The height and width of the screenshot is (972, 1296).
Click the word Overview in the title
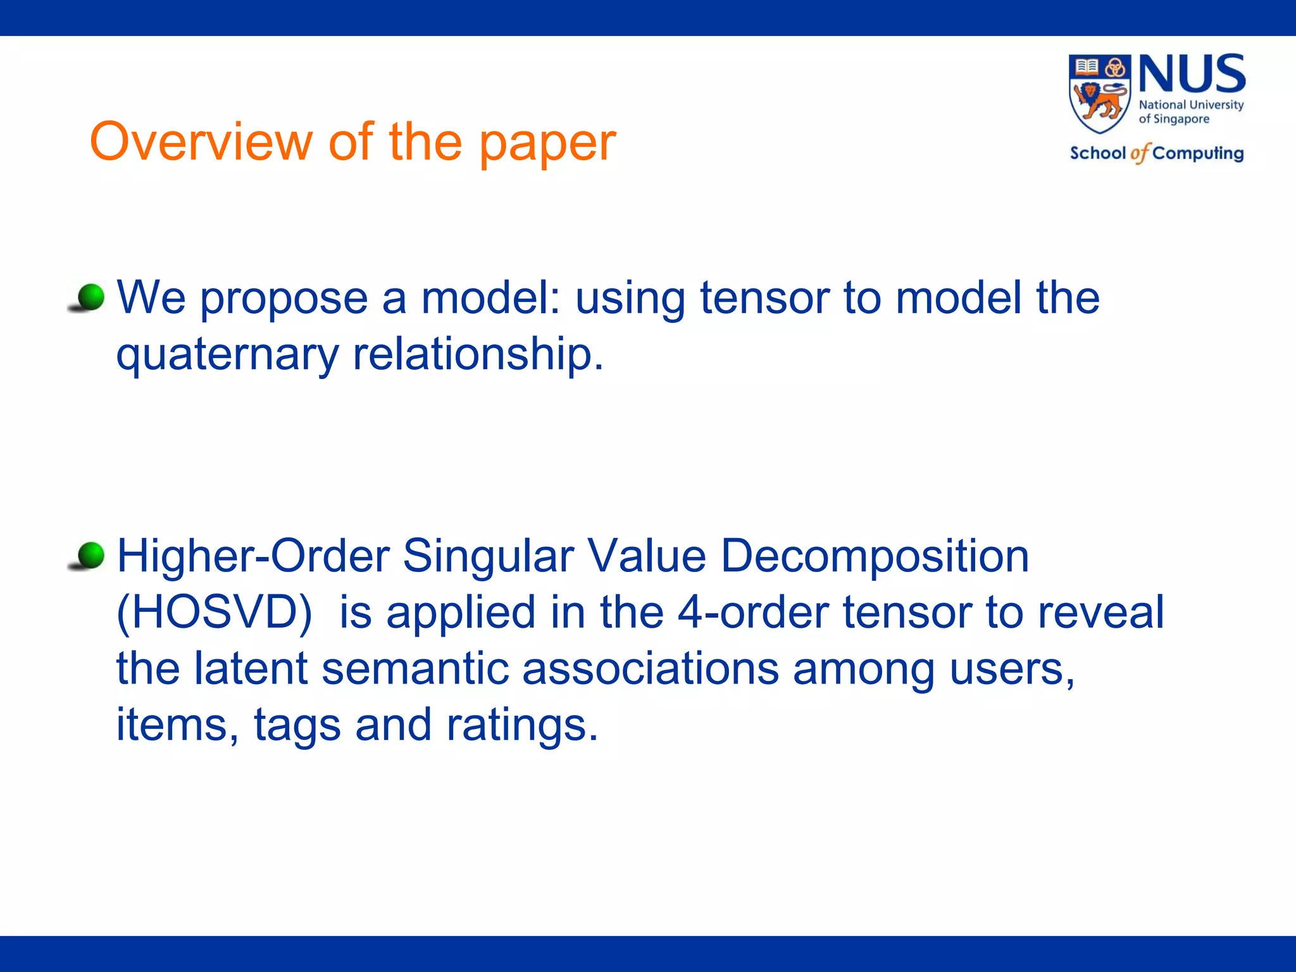coord(201,142)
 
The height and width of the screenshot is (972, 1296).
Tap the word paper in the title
coord(547,144)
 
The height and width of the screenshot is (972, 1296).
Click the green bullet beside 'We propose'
coord(91,297)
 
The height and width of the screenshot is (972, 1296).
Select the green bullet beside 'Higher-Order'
coord(91,555)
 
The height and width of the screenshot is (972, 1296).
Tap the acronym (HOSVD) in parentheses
coord(214,613)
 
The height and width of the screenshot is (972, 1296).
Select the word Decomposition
coord(875,556)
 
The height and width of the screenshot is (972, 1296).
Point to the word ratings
coord(522,725)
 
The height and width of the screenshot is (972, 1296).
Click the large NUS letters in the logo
coord(1192,74)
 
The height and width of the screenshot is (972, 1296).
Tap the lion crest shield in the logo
coord(1100,94)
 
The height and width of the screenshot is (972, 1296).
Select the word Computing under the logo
coord(1197,154)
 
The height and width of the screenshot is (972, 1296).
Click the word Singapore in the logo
coord(1181,119)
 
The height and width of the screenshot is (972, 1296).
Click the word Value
coord(646,556)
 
